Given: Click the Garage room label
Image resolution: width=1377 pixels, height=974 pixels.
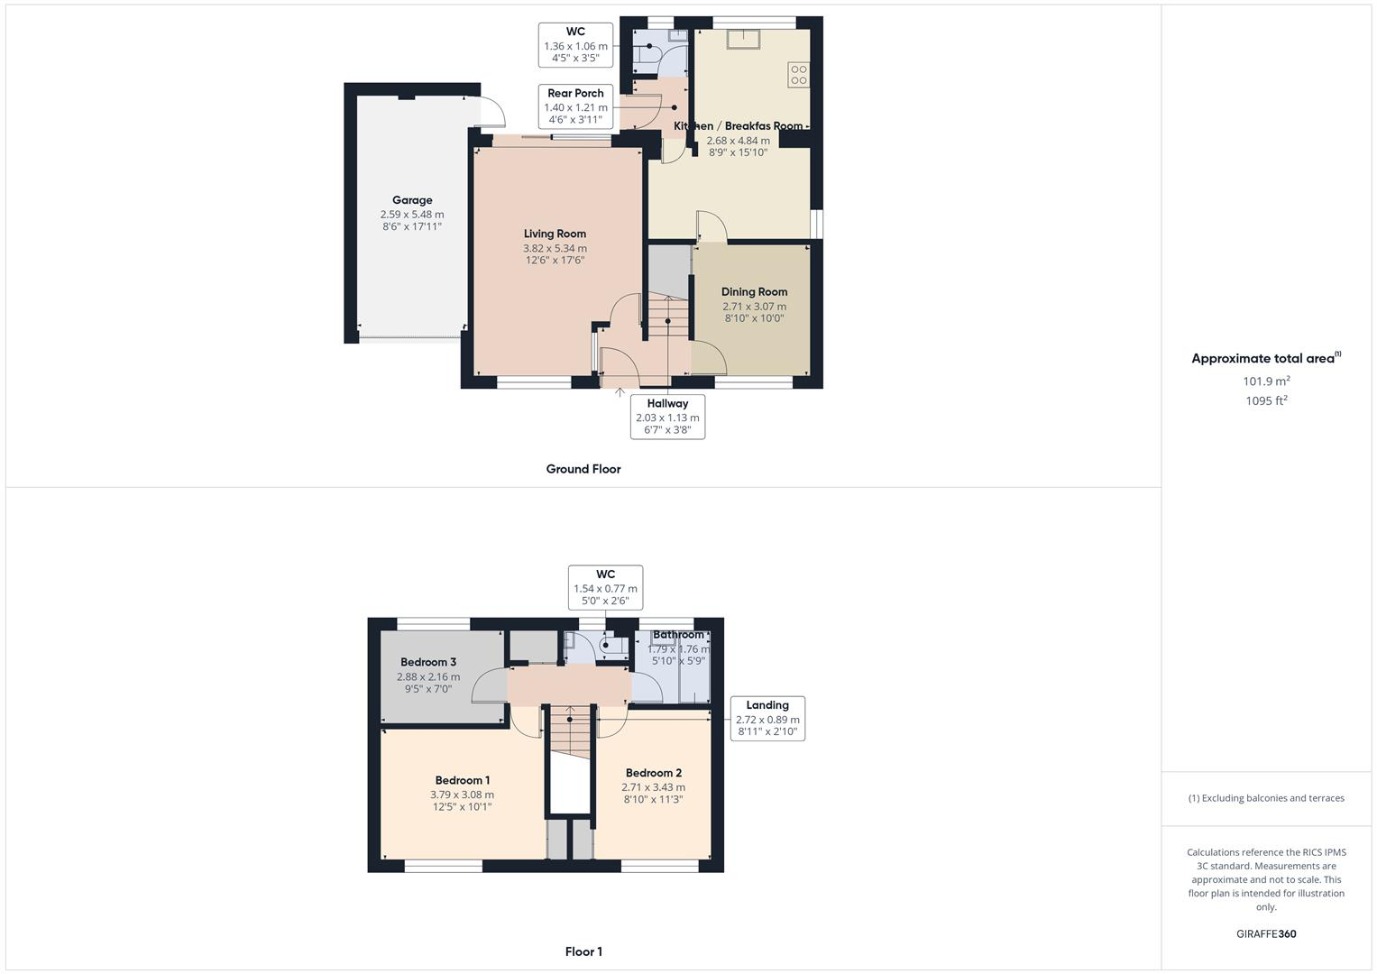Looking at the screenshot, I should (412, 200).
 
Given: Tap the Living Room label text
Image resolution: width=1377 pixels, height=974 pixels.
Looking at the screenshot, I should (555, 234).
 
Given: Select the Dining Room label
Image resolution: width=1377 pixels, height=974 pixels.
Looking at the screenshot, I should (754, 291).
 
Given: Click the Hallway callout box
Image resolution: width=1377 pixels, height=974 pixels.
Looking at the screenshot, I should (667, 417).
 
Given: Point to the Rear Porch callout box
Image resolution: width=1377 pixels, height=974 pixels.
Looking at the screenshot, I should (575, 106).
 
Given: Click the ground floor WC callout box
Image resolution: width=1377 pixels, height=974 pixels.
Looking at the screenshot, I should (575, 45).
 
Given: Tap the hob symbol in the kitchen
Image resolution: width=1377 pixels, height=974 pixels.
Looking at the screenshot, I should (798, 75).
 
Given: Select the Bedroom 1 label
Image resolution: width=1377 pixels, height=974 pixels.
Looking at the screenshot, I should (462, 780).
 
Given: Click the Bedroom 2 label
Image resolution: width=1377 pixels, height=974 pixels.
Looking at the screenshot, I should (653, 773).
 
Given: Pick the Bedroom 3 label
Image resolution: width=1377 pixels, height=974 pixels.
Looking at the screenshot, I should (428, 662).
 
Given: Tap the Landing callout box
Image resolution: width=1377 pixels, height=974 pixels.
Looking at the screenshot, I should (767, 719).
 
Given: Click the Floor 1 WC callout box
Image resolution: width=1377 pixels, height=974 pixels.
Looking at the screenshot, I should (605, 587).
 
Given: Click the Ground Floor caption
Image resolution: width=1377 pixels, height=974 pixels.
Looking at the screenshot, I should (583, 469).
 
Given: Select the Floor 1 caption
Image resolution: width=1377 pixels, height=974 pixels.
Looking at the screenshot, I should (583, 951).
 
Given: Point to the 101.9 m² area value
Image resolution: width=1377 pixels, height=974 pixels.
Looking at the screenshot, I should (1266, 381).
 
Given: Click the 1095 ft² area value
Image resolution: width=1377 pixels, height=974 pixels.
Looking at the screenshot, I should (1266, 401).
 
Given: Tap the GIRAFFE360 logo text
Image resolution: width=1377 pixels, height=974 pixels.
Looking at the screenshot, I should (1266, 933).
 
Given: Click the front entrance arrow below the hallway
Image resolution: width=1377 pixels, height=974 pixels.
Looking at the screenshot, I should (620, 391).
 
